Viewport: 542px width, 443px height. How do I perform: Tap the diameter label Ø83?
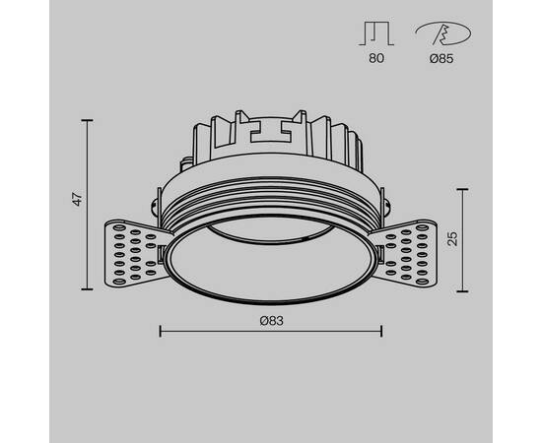[271, 320]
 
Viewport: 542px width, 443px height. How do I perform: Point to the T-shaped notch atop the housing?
[271, 128]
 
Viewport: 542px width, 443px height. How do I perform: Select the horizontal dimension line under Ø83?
[271, 332]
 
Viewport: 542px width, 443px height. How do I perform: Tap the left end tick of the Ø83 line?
[160, 332]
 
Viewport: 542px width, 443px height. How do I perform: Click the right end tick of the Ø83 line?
[382, 332]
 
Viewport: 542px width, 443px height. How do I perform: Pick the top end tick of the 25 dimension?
[464, 186]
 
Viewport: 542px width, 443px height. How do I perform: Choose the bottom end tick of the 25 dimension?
[464, 289]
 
